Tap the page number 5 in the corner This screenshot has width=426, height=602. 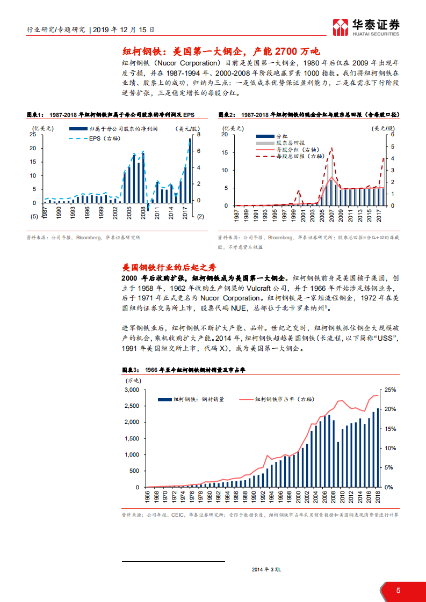click(398, 591)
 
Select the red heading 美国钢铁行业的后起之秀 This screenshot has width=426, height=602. click(169, 267)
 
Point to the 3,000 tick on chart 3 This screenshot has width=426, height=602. click(132, 390)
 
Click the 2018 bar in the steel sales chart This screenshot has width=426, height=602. click(377, 447)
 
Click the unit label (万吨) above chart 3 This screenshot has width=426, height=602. click(133, 380)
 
